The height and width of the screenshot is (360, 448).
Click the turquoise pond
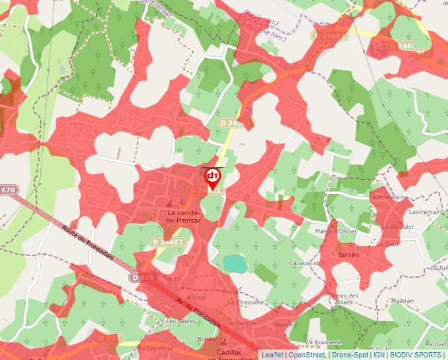(235, 264)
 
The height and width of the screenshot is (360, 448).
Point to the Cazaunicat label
(304, 263)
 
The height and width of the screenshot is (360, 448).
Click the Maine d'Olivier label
(336, 231)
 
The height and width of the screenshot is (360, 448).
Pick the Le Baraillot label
(398, 226)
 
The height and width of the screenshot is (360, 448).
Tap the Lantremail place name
(424, 212)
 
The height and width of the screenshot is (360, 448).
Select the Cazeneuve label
(385, 197)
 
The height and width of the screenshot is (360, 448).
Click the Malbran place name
(402, 301)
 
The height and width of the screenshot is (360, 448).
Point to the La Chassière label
(245, 302)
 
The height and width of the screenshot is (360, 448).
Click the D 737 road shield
(110, 338)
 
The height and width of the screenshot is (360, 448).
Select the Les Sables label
(181, 322)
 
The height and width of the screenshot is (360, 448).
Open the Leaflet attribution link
(273, 355)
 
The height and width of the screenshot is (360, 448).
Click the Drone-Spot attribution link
(349, 355)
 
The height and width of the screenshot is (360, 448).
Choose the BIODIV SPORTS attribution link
(415, 355)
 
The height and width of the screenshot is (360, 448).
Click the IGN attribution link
(379, 355)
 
